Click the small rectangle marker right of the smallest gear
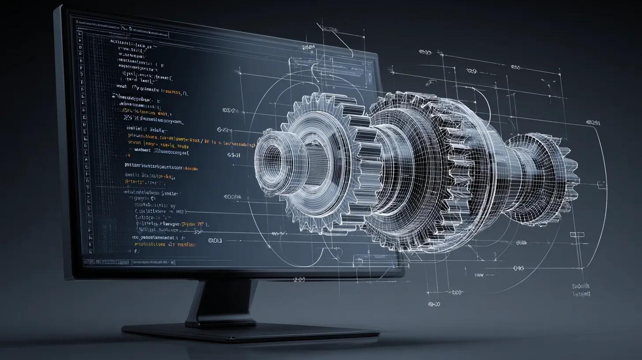pos(577,234)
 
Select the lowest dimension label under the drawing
pos(434,304)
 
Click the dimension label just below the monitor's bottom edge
pos(299,280)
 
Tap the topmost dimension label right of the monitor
pos(425,52)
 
